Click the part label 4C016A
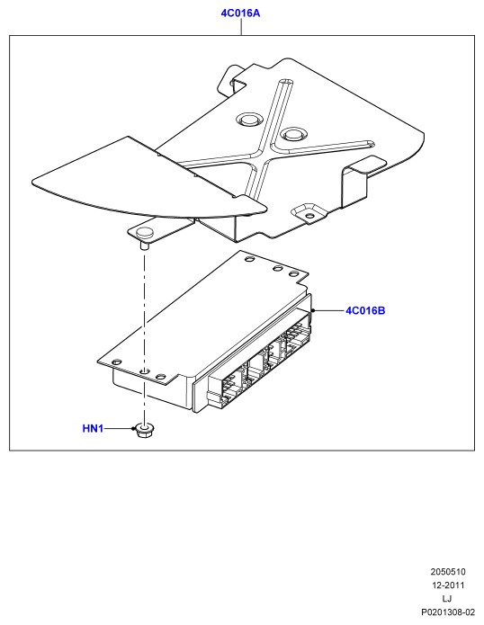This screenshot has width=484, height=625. pos(240,13)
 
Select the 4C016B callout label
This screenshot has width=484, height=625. pos(365,310)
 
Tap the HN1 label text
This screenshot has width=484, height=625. pos(93,428)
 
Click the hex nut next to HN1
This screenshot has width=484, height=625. pos(145,430)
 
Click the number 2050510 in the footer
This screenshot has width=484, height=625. pos(448,572)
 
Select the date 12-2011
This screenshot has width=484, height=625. pos(448,585)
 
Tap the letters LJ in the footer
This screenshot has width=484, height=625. pos(447,598)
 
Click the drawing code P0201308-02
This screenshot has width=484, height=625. pos(448,612)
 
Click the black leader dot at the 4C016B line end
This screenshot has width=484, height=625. pos(313,310)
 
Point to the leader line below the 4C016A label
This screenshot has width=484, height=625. pos(241,27)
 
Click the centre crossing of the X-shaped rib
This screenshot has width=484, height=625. pos(262,153)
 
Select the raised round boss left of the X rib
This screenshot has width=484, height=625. pos(248,119)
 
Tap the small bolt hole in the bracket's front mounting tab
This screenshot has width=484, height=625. pos(309,216)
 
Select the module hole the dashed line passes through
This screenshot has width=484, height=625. pos(145,371)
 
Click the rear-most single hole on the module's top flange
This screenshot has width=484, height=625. pos(249,259)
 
